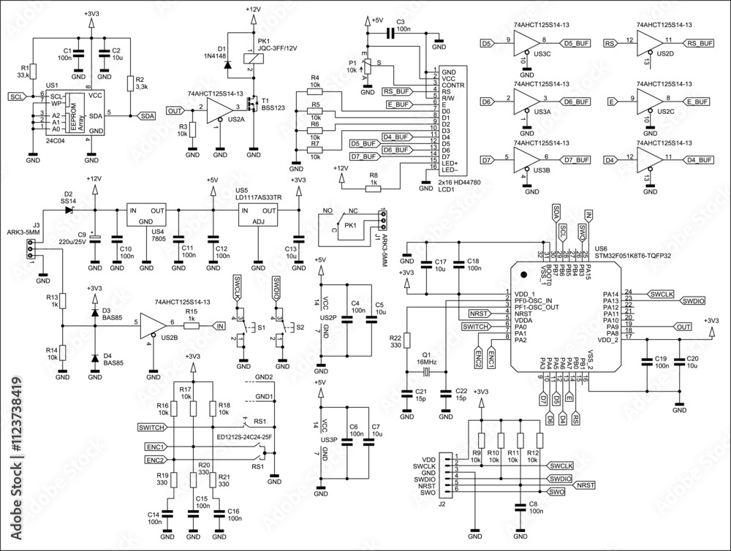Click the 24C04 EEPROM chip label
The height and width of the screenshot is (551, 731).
point(56,139)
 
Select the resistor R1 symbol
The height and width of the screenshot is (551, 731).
point(33,71)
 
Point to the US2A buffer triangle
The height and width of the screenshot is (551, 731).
point(218,111)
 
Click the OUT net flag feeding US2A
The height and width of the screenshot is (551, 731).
point(175,111)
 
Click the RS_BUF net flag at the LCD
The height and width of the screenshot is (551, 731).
point(396,91)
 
